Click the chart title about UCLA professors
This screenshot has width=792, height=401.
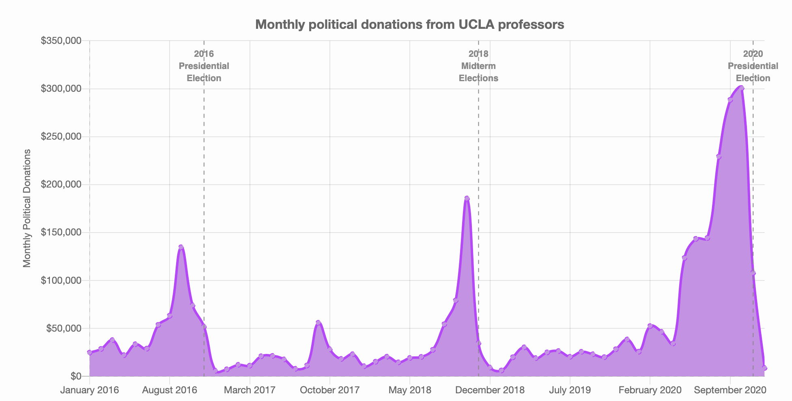(409, 25)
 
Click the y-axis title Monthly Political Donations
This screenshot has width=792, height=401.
(27, 208)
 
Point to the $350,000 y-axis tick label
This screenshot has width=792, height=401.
(61, 41)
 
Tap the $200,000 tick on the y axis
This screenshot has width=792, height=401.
(61, 185)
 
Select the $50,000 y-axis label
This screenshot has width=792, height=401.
(63, 328)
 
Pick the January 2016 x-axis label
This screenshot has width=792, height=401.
(90, 390)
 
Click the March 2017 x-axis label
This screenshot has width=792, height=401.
(250, 390)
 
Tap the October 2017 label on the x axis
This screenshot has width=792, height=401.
(330, 390)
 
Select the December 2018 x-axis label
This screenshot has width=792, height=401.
(490, 390)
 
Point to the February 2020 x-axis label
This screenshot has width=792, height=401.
(650, 390)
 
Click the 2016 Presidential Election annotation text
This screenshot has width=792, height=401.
(204, 66)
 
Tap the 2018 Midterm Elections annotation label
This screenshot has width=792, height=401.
(478, 66)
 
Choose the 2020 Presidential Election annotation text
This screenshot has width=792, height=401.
(753, 66)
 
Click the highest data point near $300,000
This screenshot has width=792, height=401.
(742, 88)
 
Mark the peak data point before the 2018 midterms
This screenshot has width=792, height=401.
(467, 198)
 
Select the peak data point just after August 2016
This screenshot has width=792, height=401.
(181, 247)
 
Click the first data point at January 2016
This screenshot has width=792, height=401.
(90, 352)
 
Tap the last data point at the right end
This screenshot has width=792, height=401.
(764, 368)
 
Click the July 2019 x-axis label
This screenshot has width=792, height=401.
(570, 390)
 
